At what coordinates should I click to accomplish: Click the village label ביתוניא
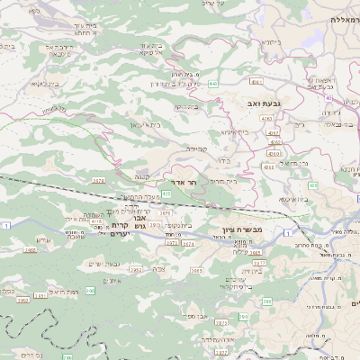point(270,41)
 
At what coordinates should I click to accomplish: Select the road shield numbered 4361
point(273,132)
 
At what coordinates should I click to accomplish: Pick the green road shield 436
point(268,167)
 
